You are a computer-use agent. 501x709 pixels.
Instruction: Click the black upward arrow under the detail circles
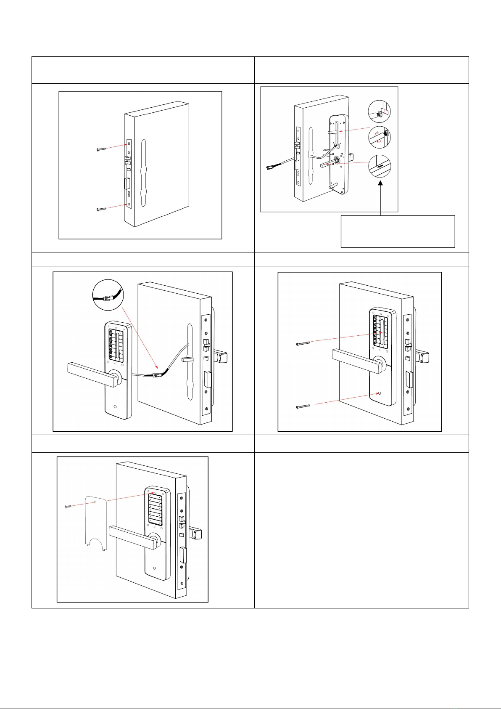(x=380, y=198)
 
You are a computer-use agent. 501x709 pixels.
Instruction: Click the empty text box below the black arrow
(x=398, y=231)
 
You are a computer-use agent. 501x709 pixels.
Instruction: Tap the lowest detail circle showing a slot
(x=380, y=166)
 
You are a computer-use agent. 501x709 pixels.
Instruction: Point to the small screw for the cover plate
(x=69, y=507)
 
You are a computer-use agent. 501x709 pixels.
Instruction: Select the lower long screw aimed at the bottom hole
(x=303, y=406)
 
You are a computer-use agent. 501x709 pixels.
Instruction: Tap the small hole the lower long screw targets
(x=380, y=393)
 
